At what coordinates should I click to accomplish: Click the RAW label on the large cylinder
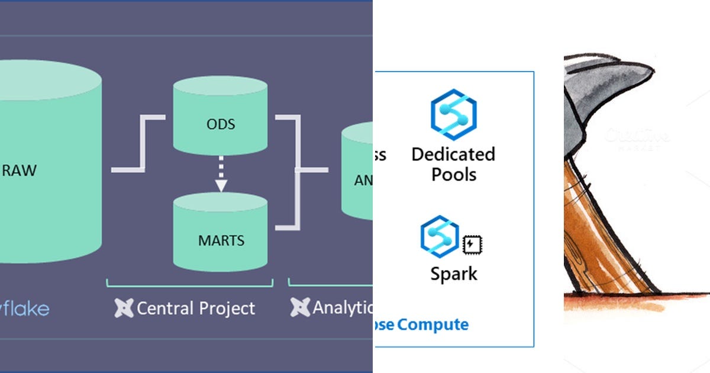[x=20, y=171]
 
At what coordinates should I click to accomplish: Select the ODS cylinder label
[x=220, y=124]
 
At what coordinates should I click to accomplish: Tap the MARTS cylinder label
[x=221, y=241]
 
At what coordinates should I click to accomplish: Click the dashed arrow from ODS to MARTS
[x=221, y=174]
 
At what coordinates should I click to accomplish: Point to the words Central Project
[x=196, y=308]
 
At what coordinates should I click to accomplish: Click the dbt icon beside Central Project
[x=123, y=308]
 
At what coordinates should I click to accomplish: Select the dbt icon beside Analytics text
[x=300, y=308]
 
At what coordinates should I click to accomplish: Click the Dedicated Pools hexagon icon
[x=453, y=114]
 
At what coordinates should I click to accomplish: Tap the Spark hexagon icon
[x=440, y=236]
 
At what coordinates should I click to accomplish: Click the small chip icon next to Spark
[x=471, y=244]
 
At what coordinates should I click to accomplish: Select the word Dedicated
[x=453, y=155]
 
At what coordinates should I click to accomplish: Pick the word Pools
[x=453, y=175]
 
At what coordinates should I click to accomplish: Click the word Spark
[x=453, y=274]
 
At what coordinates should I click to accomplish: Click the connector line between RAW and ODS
[x=139, y=144]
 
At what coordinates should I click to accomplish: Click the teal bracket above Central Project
[x=189, y=284]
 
